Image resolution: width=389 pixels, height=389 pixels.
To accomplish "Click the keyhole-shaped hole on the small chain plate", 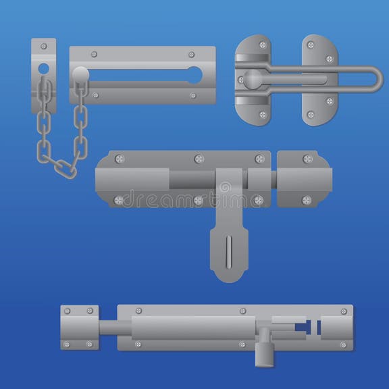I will tap(43, 70).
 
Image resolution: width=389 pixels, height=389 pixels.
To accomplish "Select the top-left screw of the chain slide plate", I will tap(94, 54).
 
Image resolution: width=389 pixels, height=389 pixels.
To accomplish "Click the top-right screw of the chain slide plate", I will tap(191, 54).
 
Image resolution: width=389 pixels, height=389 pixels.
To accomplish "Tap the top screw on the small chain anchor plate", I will tap(44, 47).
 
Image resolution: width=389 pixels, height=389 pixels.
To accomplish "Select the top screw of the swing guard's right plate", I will tap(311, 45).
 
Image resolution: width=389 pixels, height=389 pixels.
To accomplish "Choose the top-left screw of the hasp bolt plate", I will tap(120, 159).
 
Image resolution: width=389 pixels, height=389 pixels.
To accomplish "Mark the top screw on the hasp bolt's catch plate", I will tap(308, 159).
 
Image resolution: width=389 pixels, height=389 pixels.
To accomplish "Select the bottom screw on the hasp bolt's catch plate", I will tap(307, 200).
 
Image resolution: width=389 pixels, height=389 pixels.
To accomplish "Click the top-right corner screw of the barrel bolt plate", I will tap(344, 311).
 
